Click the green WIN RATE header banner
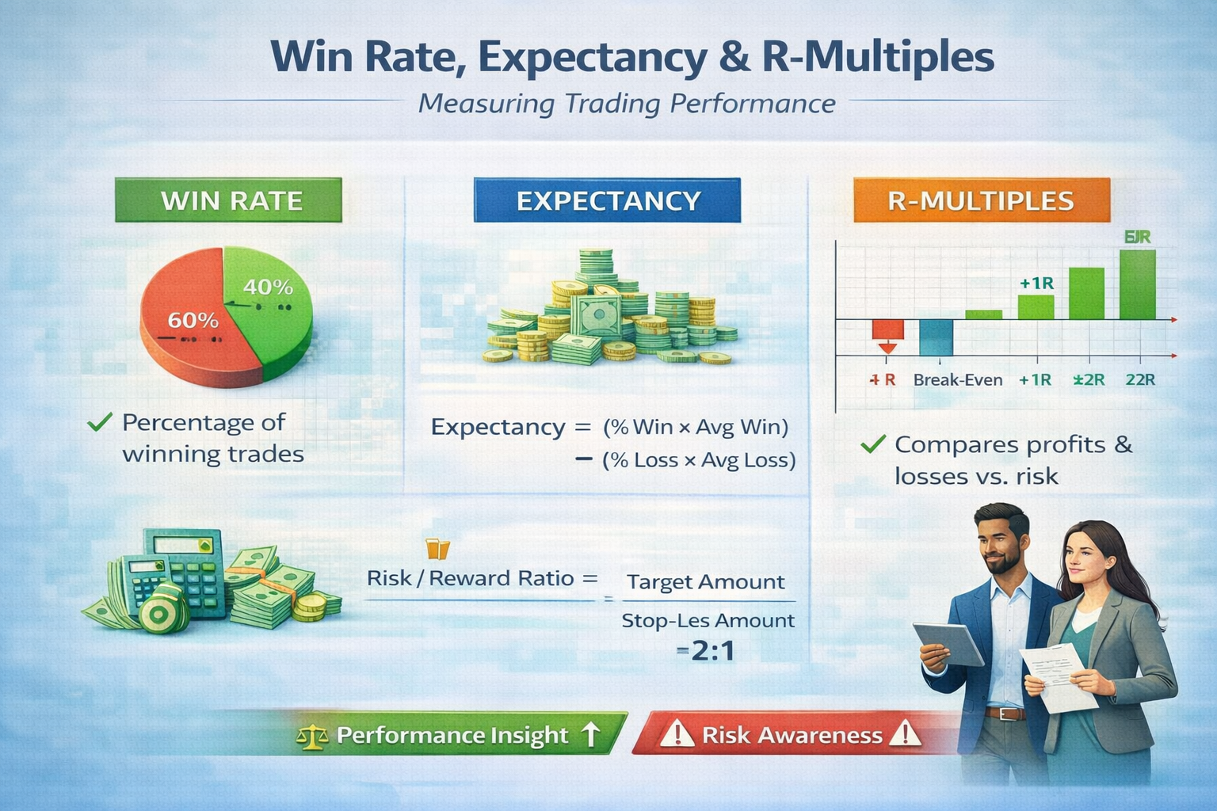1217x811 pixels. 229,200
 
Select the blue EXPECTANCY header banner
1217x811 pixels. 607,200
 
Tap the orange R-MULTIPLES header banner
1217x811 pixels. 981,200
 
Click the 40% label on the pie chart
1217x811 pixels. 268,287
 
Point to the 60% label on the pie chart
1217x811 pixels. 193,320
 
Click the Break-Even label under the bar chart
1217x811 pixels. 957,379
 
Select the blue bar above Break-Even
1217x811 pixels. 936,337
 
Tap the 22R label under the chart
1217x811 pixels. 1139,379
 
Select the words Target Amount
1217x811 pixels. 705,582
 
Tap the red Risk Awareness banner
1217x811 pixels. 791,735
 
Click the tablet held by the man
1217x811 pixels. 948,642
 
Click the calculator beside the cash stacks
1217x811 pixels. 178,574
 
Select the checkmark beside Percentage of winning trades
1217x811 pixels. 99,422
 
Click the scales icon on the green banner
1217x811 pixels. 311,737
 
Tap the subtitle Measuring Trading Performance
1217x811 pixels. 626,104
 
